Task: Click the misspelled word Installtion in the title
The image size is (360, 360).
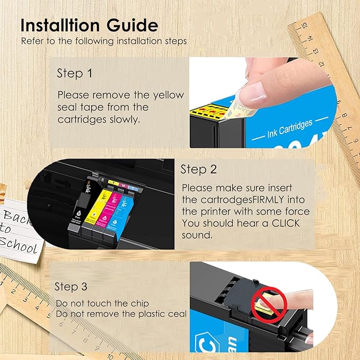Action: (63, 25)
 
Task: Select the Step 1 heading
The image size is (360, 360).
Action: (74, 74)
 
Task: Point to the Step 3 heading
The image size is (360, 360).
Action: (72, 287)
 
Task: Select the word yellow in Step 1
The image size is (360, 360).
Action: (168, 95)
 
